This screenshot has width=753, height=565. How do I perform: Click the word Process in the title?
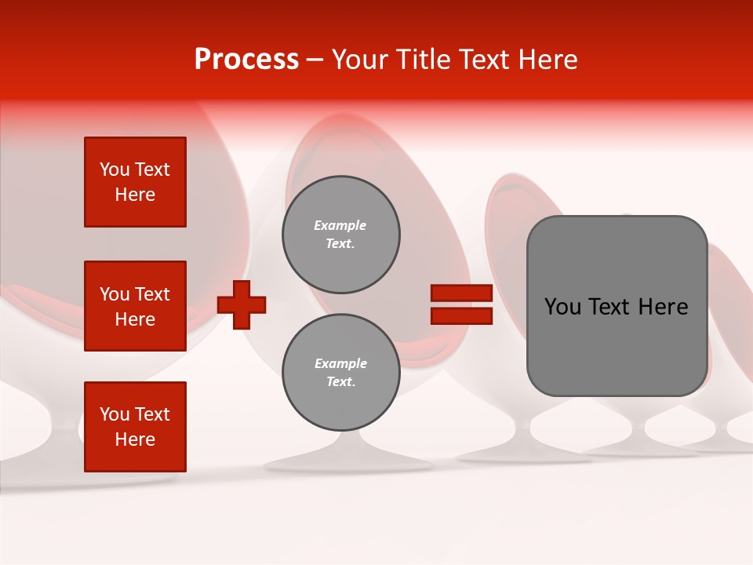coord(246,59)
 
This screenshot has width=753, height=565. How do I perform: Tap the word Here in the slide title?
coord(547,59)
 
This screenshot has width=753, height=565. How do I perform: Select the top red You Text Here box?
coord(135,182)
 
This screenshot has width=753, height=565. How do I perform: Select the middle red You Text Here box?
coord(135,306)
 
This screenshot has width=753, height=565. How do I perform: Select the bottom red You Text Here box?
coord(135,427)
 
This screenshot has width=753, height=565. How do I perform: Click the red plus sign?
coord(242,304)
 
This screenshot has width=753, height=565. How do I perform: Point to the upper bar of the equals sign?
coord(461,293)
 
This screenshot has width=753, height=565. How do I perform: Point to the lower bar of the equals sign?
coord(461,316)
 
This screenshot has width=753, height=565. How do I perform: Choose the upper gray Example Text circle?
coord(340,235)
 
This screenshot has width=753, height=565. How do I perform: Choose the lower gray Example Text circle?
coord(340,373)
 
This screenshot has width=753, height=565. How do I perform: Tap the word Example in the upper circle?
coord(340,225)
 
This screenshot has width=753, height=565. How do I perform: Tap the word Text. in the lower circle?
coord(340,382)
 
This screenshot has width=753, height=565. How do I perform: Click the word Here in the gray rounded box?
coord(663,307)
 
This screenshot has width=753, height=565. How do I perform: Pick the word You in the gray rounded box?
coord(562,307)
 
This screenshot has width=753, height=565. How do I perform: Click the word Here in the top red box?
coord(135,195)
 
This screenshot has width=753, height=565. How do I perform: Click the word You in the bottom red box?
coord(115,414)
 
